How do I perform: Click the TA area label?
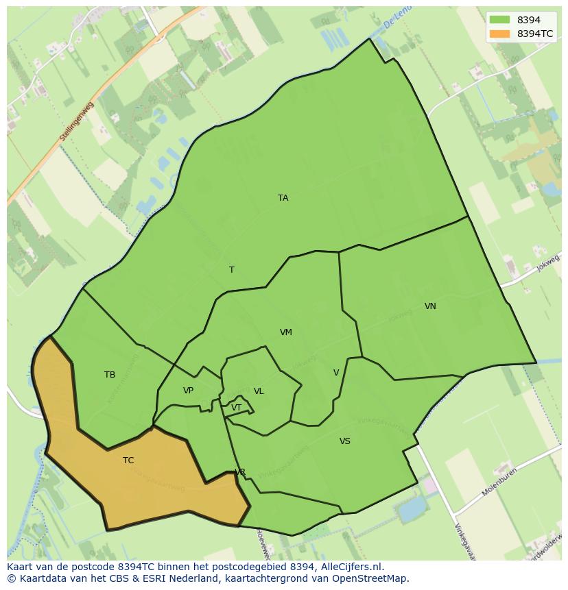coord(283,198)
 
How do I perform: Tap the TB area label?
coord(110,375)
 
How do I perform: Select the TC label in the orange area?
coord(128,460)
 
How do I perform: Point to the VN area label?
coord(430,306)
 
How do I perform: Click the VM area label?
coord(286,332)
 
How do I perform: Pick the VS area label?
coord(344,441)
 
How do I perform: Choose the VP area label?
coord(188,391)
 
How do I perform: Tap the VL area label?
coord(259,391)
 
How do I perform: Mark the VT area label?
coord(236,408)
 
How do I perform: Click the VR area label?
coord(240,472)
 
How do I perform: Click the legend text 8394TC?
coord(535,33)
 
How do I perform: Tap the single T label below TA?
coord(231,270)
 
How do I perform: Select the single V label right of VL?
coord(336,373)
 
